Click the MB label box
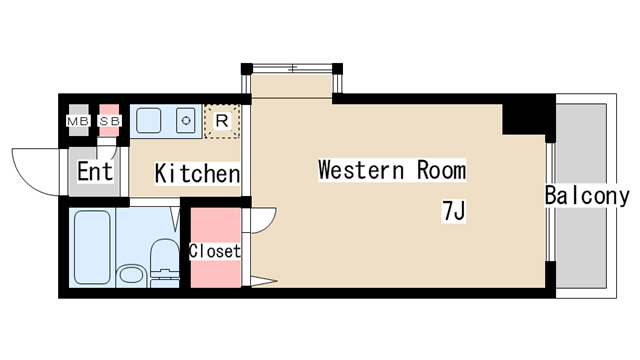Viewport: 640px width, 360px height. click(x=78, y=121)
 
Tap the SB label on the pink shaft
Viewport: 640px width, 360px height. click(x=109, y=121)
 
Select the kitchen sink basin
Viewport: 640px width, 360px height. click(x=148, y=120)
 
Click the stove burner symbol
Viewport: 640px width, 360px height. click(x=186, y=120)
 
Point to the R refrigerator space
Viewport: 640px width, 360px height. click(x=222, y=121)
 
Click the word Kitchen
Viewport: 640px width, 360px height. click(x=197, y=173)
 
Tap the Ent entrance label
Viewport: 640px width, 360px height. click(x=95, y=171)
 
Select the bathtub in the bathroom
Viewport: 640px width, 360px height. click(x=92, y=247)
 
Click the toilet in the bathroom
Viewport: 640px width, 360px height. click(x=164, y=262)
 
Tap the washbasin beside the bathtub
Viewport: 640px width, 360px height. click(x=131, y=274)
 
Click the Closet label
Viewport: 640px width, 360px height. click(x=215, y=251)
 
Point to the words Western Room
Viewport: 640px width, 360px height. click(x=392, y=170)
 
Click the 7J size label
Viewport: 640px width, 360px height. click(x=453, y=211)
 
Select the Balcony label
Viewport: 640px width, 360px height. click(x=587, y=196)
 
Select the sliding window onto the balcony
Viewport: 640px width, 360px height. click(x=550, y=202)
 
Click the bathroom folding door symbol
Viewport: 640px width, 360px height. click(x=176, y=219)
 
